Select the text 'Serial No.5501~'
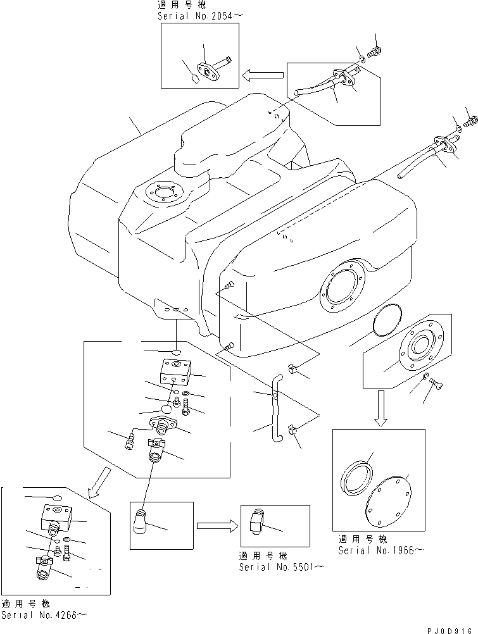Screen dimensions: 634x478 click(x=281, y=567)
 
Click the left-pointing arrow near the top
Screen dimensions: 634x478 click(x=261, y=76)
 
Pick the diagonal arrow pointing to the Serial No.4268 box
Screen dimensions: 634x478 click(x=99, y=483)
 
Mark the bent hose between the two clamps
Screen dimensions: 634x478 click(x=275, y=408)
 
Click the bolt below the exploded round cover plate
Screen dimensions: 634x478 click(x=434, y=383)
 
